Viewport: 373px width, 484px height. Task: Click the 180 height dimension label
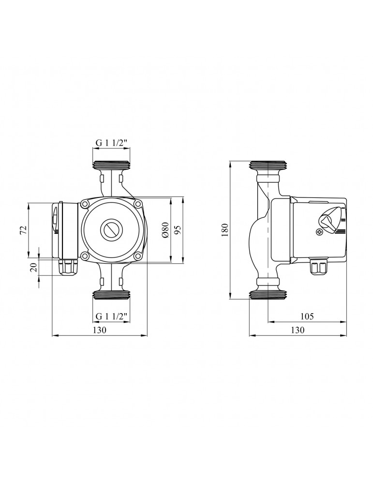coord(225,229)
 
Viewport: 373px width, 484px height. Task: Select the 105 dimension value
coord(307,316)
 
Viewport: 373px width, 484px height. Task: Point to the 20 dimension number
coord(34,266)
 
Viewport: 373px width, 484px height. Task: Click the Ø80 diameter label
coord(165,229)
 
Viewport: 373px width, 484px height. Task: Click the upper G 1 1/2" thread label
coord(111,143)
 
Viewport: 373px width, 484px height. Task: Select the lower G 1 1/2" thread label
coord(111,316)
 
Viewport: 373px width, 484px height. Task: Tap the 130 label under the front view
coord(99,330)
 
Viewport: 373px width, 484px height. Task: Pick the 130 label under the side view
coord(298,330)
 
